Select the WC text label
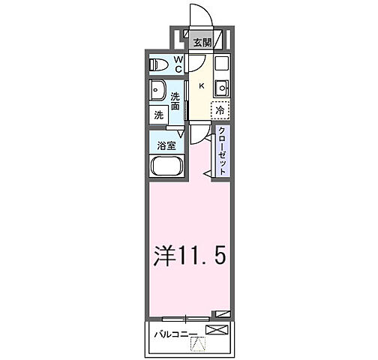[179, 64]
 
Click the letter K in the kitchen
[201, 85]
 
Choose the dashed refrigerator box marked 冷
[220, 109]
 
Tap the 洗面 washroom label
[175, 101]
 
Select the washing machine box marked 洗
[159, 115]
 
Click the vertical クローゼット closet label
[223, 150]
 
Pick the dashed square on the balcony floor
[198, 344]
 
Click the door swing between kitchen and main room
[198, 133]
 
